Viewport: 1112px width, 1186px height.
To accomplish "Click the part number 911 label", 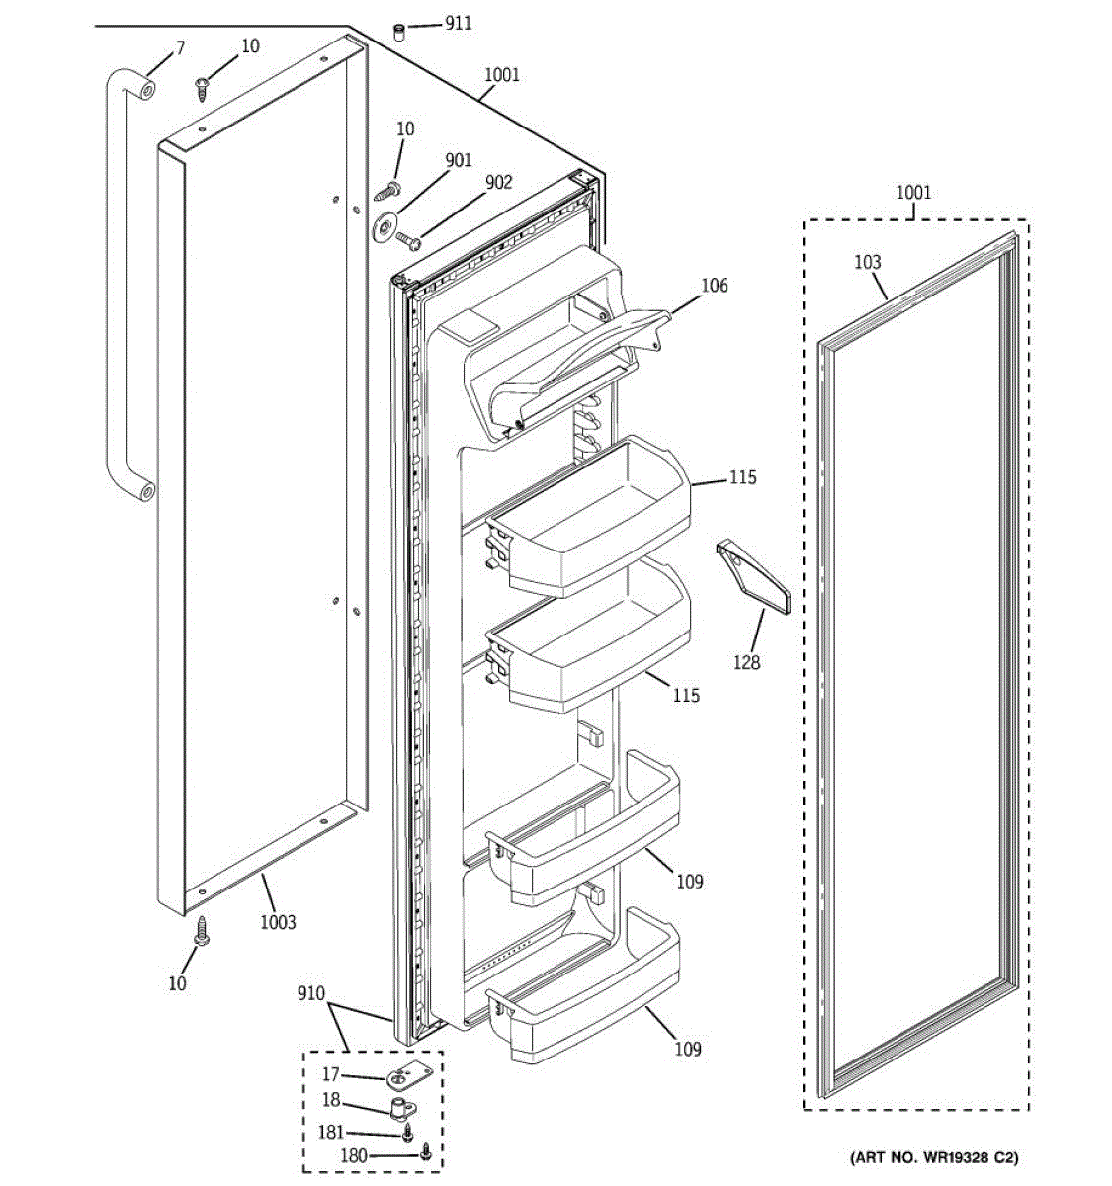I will click(458, 23).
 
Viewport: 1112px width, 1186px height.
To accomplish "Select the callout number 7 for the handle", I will click(180, 47).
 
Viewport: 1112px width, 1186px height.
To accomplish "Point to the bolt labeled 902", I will click(407, 238).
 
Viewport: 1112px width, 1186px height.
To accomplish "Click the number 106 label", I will click(714, 286).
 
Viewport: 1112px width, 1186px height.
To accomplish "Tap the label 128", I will click(746, 662).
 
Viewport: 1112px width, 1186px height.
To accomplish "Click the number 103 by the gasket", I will click(867, 262).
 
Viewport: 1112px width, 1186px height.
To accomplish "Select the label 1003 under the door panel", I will click(278, 922).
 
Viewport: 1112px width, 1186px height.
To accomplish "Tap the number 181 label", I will click(331, 1134).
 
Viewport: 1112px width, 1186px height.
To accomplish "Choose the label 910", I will click(311, 993).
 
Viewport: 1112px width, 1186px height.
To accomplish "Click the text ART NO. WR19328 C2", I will click(934, 1156).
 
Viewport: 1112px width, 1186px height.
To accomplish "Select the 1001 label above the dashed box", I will click(913, 193).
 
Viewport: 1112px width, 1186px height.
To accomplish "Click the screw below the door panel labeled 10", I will click(203, 930).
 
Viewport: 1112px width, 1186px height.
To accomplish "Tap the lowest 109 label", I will click(687, 1049).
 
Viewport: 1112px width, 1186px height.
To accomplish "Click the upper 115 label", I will click(742, 477).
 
